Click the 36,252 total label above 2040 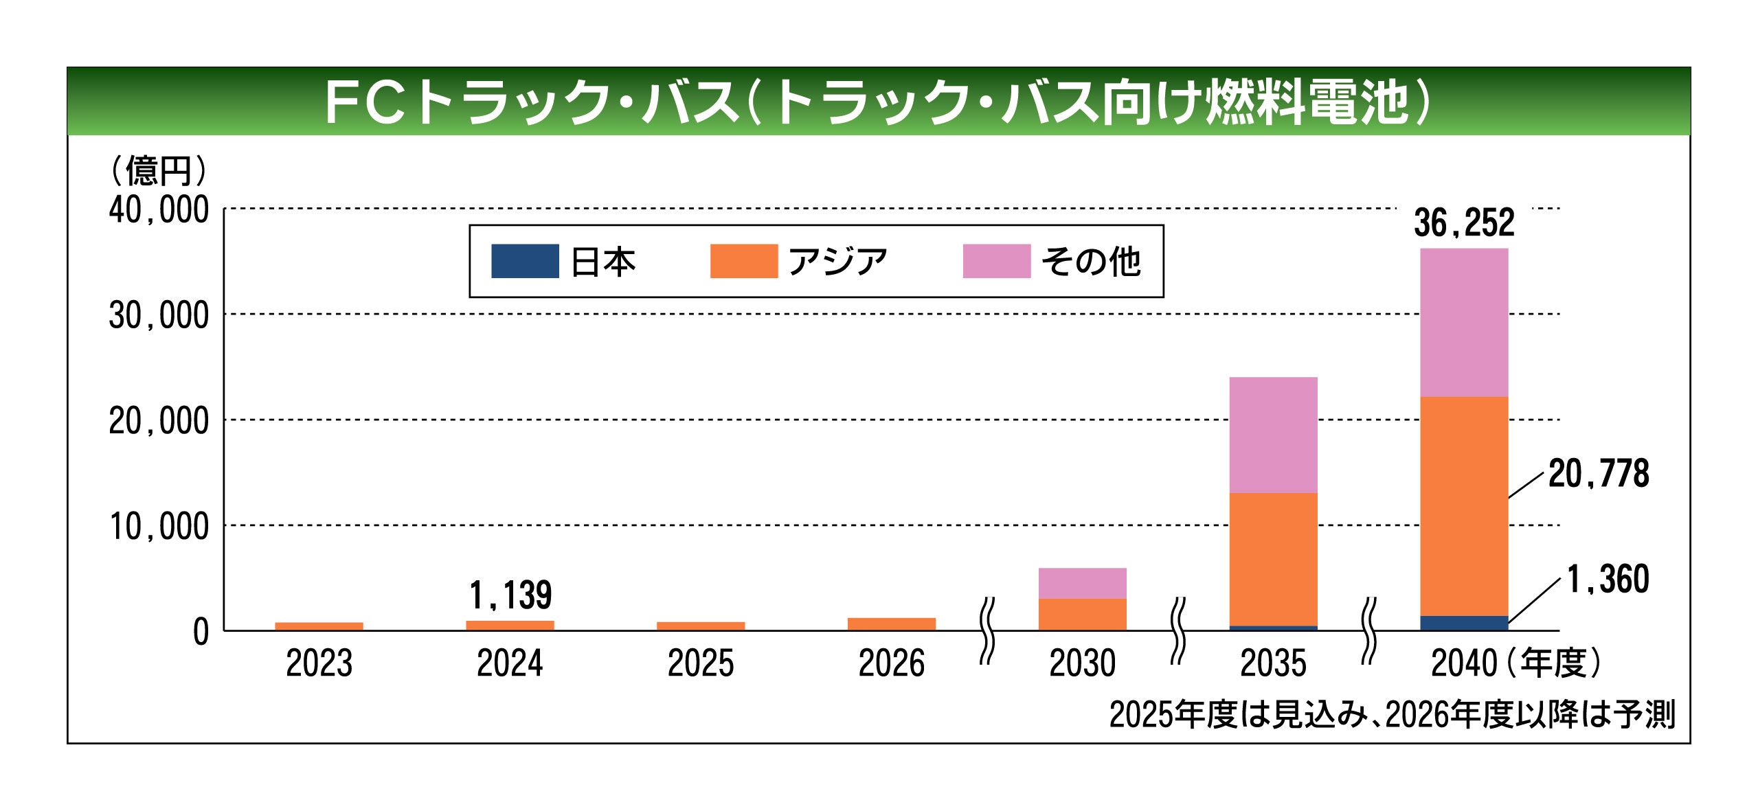pos(1464,223)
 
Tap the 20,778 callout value pos(1598,474)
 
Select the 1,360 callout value pos(1608,580)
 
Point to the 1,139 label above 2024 pos(510,595)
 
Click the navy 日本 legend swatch pos(525,262)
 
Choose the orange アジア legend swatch pos(743,262)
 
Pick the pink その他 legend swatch pos(996,262)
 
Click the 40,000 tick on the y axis pos(159,210)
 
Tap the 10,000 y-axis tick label pos(159,527)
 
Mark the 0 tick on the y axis pos(201,632)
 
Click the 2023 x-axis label pos(319,664)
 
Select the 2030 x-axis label pos(1082,664)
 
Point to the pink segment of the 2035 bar pos(1273,435)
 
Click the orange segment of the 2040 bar pos(1464,507)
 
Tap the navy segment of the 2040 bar pos(1464,624)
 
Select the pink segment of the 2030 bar pos(1082,584)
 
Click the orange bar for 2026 pos(891,624)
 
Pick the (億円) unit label pos(159,170)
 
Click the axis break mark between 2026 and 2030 pos(987,630)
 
